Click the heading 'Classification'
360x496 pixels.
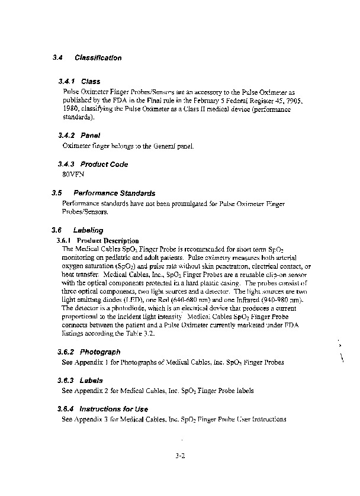(98, 58)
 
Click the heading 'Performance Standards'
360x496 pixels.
(114, 194)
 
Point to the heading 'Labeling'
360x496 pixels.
(88, 230)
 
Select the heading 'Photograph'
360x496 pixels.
(100, 352)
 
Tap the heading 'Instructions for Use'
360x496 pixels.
(114, 409)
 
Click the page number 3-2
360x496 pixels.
(181, 456)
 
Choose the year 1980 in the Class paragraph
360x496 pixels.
(70, 109)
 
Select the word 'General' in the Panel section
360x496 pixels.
(159, 146)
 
